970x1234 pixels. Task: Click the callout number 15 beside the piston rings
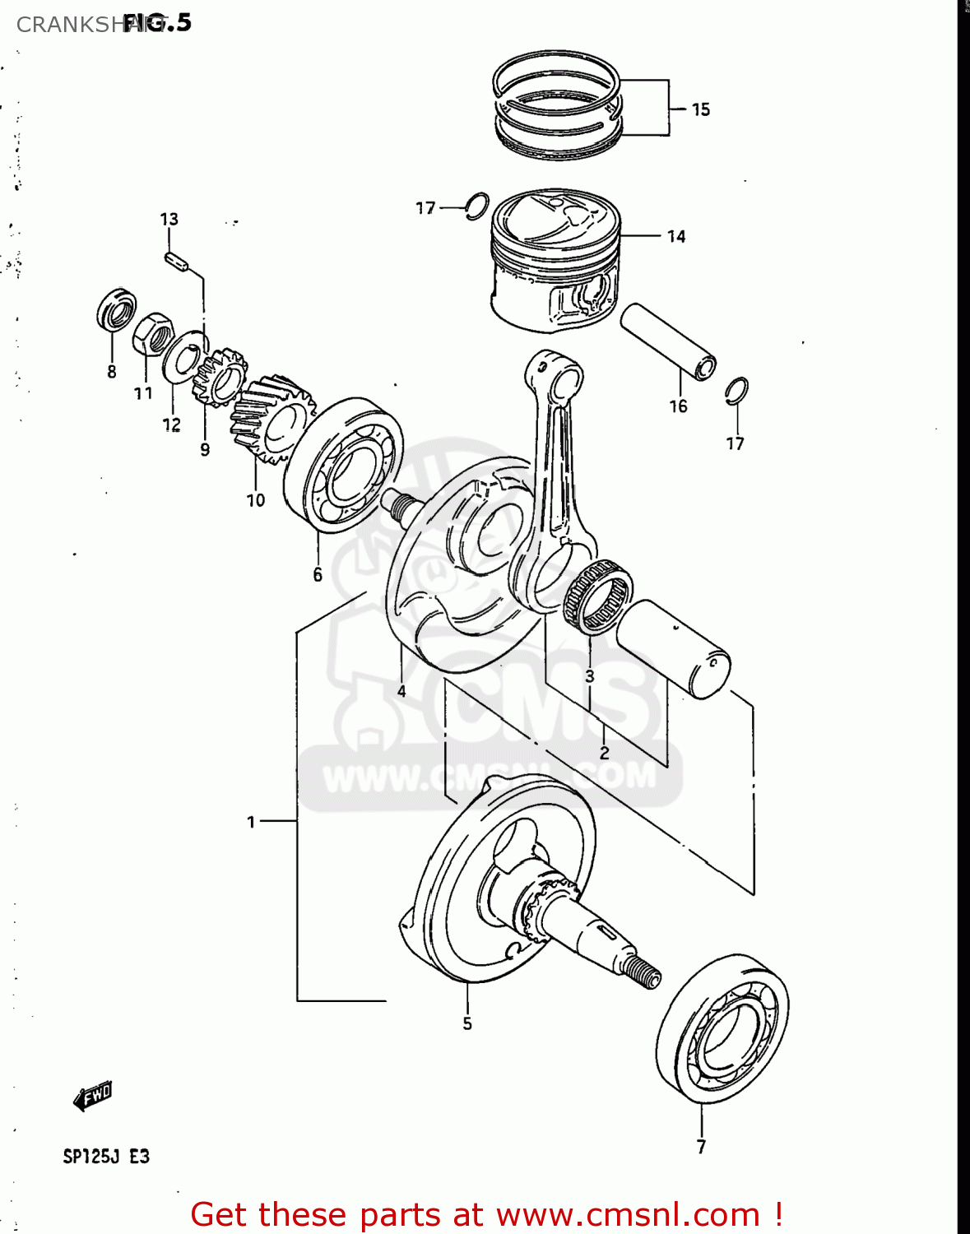(700, 109)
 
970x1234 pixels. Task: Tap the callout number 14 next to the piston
(675, 237)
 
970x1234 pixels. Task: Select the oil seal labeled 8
(117, 310)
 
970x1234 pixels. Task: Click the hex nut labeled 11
(152, 333)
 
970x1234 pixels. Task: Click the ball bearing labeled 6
(344, 465)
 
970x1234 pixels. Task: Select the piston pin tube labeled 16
(667, 341)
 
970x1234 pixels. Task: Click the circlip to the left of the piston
(476, 206)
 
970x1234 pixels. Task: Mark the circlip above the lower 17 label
(737, 391)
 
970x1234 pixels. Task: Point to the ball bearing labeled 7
(722, 1028)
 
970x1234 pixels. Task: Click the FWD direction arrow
(92, 1096)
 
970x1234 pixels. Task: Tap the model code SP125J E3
(106, 1156)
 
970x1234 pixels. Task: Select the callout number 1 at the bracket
(252, 821)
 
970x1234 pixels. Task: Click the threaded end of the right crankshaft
(642, 971)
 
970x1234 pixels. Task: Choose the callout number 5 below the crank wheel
(467, 1023)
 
